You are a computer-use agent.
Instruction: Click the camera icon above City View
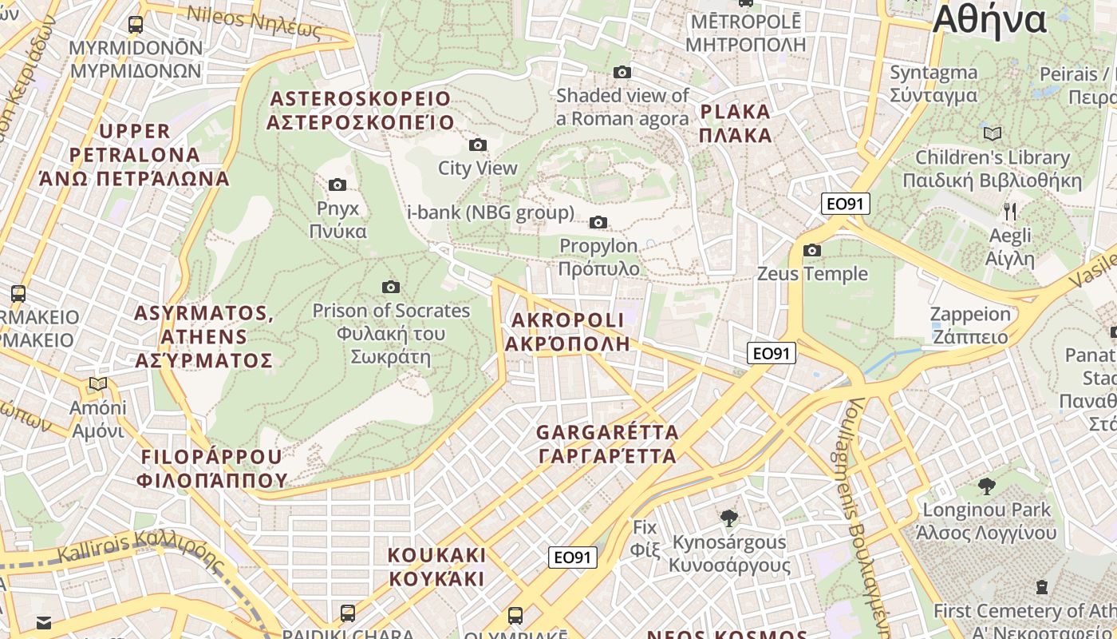[x=478, y=145]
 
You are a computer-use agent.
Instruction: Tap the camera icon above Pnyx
[x=337, y=185]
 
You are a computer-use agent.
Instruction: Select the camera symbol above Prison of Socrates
[x=391, y=287]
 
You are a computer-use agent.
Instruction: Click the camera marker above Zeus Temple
[x=812, y=250]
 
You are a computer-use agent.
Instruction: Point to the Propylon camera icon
[x=598, y=222]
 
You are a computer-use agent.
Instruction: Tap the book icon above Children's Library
[x=993, y=133]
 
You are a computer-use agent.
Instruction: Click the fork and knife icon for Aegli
[x=1010, y=212]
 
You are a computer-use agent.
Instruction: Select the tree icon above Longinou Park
[x=987, y=486]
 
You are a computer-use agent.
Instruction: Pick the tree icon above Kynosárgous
[x=728, y=518]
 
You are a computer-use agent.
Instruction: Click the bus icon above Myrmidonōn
[x=136, y=24]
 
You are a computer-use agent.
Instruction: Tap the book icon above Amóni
[x=98, y=384]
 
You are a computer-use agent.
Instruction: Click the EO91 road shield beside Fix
[x=573, y=558]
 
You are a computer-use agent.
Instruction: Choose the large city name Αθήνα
[x=989, y=20]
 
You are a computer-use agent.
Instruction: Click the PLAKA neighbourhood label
[x=735, y=123]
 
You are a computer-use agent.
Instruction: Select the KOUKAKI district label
[x=436, y=566]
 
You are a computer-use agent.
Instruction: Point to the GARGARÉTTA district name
[x=607, y=444]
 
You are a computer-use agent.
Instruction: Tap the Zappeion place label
[x=970, y=324]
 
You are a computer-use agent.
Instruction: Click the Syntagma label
[x=933, y=84]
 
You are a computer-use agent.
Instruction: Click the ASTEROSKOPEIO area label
[x=360, y=110]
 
